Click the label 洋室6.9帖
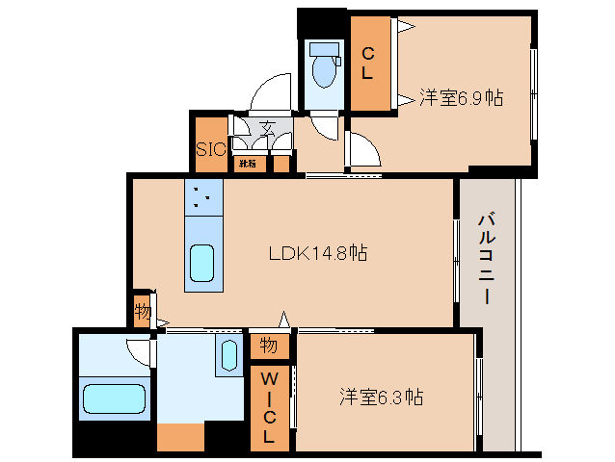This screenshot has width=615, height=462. pos(462,97)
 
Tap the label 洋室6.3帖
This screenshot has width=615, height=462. pos(381,396)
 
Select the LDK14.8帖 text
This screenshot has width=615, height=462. pos(317,253)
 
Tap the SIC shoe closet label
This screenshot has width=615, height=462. pos(210,148)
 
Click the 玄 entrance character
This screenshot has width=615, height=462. pos(266,128)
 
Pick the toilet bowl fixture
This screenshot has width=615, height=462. pos(322,67)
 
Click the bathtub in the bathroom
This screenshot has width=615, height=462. pos(113,398)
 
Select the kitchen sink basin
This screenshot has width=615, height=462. pos(202,263)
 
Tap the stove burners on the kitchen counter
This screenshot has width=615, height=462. pos(202,198)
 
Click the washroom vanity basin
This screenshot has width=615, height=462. pos(228,355)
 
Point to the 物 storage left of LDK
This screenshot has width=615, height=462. pos(143,312)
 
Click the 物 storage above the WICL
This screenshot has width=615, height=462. pos(269,345)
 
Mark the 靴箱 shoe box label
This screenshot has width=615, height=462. pos(248,164)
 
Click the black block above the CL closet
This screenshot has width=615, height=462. pos(322,21)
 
